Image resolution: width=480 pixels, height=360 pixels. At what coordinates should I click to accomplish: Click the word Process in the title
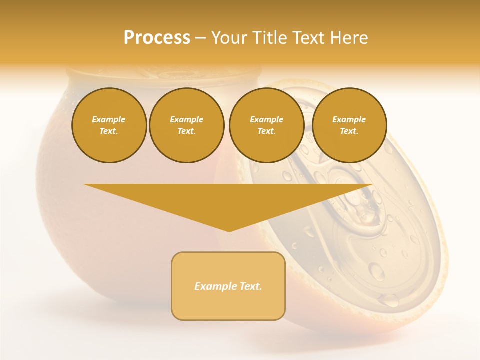coord(157,38)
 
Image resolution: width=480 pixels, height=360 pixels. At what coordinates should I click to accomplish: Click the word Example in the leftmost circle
coord(109,119)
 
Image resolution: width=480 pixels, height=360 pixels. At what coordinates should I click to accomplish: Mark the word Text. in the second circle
coord(186,131)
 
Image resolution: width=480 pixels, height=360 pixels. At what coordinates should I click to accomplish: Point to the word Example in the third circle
coord(266,119)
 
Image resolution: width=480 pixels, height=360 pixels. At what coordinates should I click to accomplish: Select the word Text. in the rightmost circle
coord(349,131)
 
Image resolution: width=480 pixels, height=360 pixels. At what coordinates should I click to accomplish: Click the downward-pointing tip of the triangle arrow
coord(229,230)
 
